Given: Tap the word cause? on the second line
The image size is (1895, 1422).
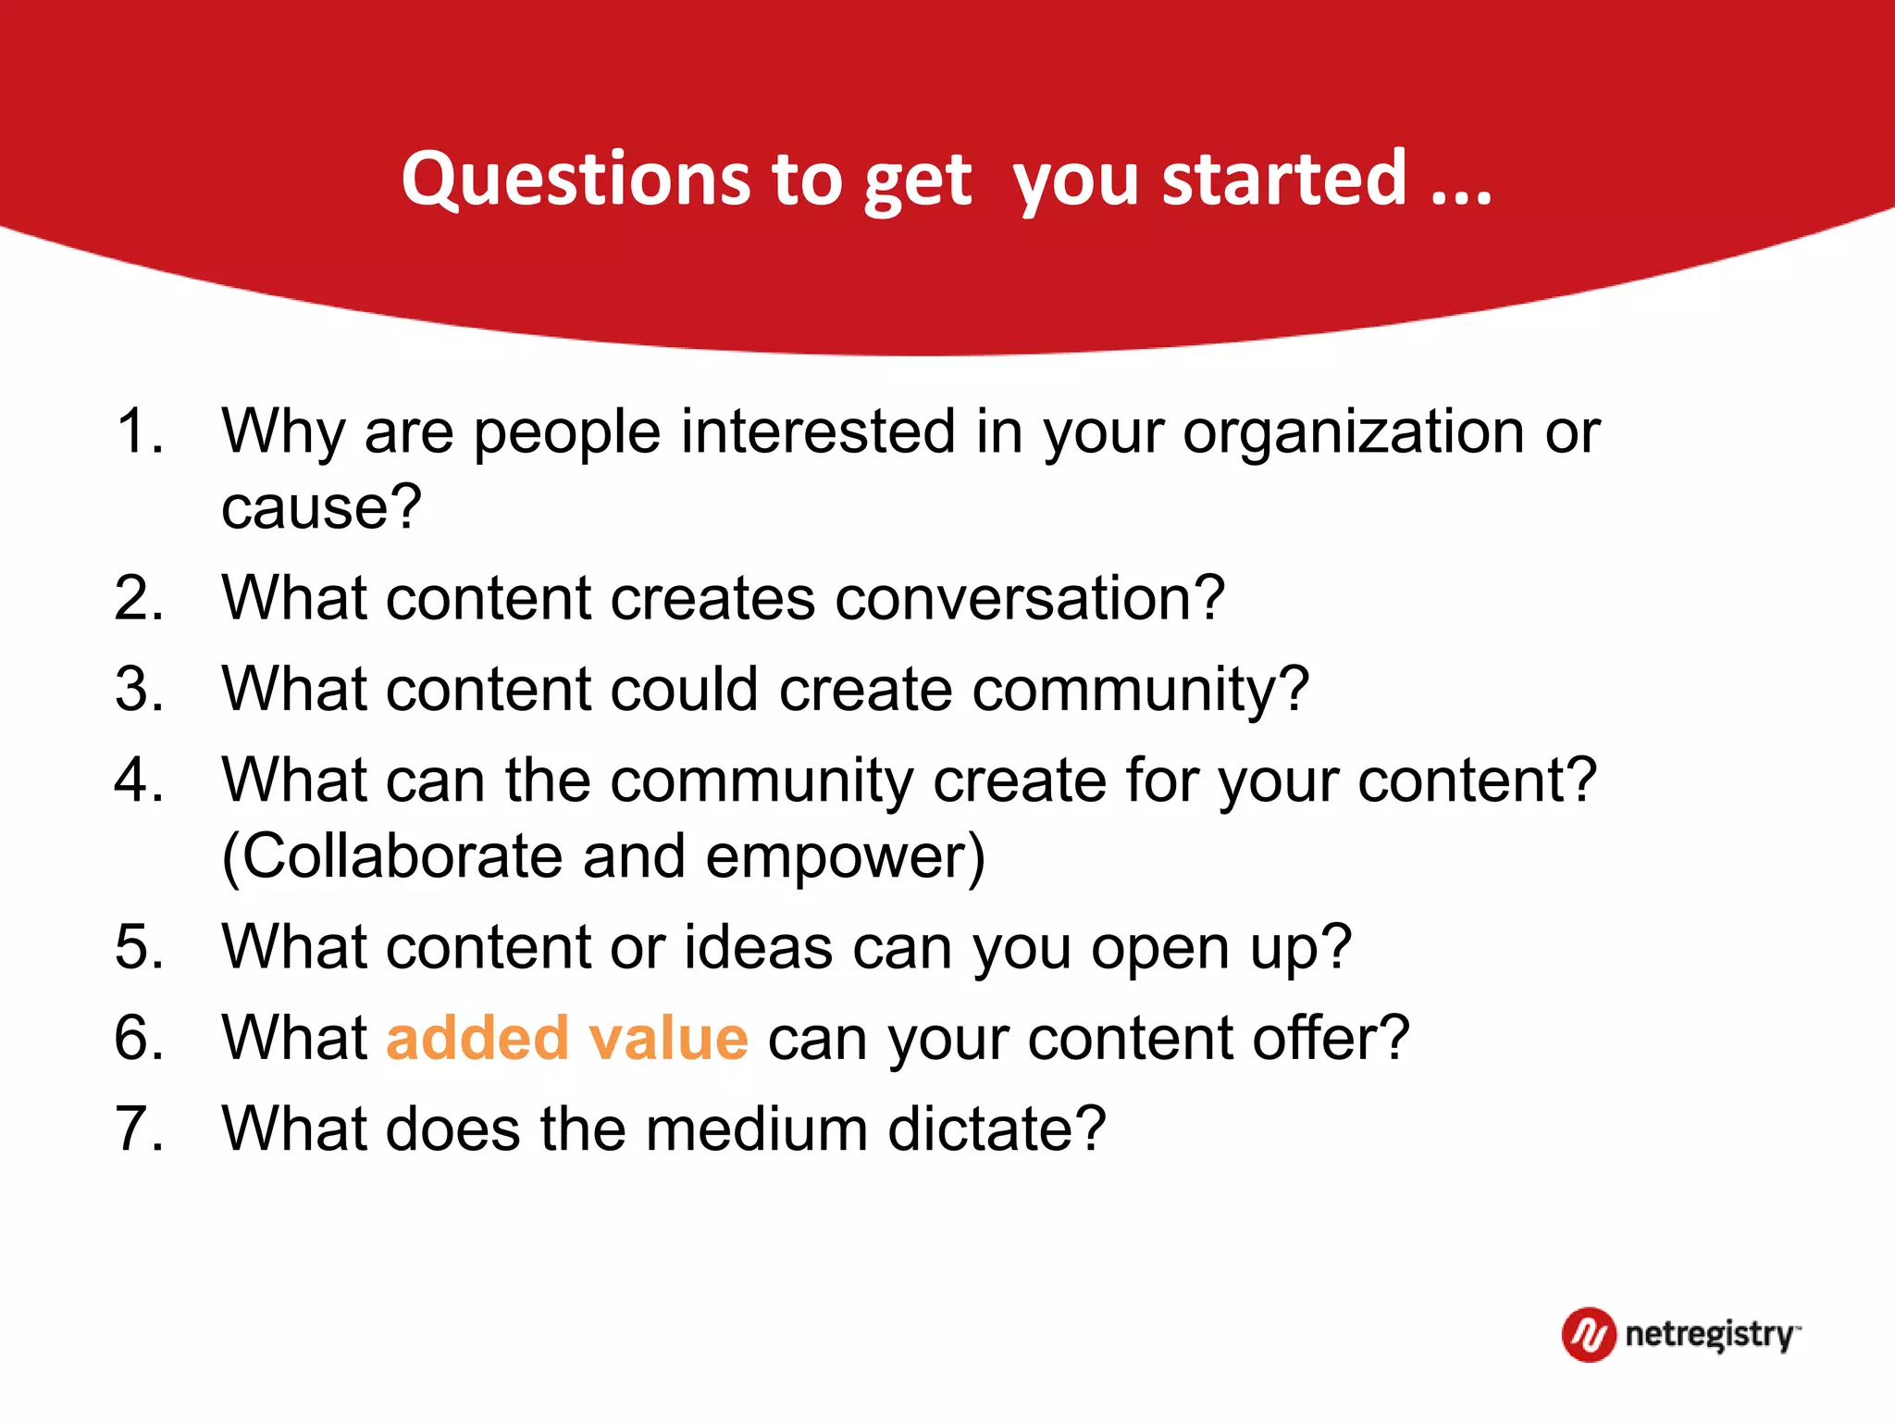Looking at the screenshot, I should [x=321, y=508].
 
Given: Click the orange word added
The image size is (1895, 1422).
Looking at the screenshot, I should [x=477, y=1038].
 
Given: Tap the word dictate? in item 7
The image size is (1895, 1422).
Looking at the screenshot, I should [x=997, y=1129].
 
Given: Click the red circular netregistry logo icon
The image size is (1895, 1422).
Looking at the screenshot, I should [x=1589, y=1335].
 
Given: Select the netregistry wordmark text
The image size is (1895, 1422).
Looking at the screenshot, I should [x=1710, y=1335].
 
